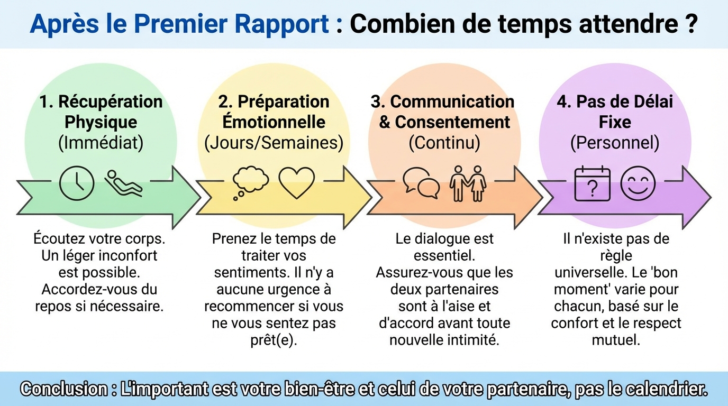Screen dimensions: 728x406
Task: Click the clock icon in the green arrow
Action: coord(77,183)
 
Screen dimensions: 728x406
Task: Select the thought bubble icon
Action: coord(249,183)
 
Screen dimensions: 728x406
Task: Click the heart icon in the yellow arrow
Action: coord(296,182)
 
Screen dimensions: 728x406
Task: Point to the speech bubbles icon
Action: coord(421,183)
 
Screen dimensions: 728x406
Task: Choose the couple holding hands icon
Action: coord(468,183)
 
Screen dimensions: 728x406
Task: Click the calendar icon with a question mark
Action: coord(593,183)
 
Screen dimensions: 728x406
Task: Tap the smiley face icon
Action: coord(638,183)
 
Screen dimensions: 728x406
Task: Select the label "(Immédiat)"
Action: coord(101,143)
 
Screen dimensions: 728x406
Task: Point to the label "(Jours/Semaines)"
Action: coord(274,143)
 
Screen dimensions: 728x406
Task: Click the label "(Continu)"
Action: coord(444,143)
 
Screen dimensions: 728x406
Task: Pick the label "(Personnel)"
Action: coord(614,143)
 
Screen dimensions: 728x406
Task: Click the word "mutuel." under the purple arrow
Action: coord(616,340)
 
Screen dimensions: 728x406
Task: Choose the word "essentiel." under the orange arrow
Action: coord(444,255)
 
